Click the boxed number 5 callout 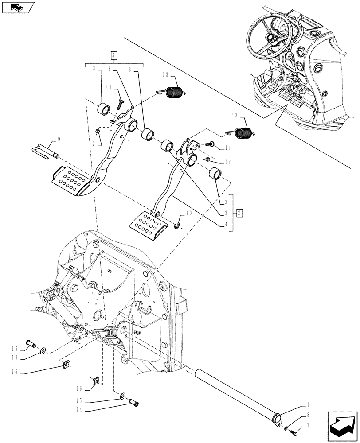(x=113, y=55)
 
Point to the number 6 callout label (x=109, y=69)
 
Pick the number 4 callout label (x=227, y=225)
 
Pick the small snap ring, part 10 (x=178, y=226)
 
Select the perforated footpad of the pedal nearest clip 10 (x=149, y=225)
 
